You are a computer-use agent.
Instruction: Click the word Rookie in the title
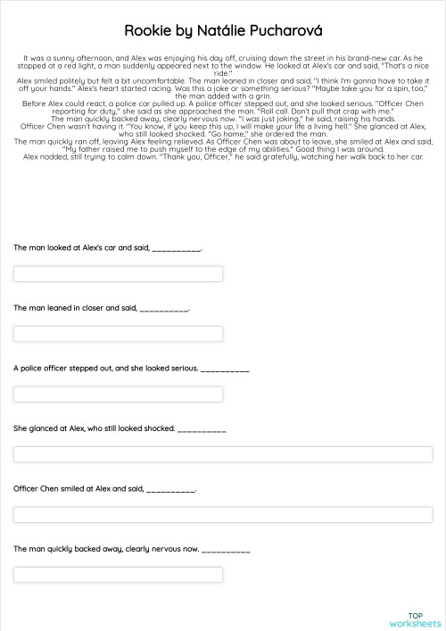click(145, 31)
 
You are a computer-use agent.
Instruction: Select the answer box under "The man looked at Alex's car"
click(118, 273)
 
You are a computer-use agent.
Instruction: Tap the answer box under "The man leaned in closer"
click(118, 334)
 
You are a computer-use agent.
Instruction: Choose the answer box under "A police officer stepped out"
click(118, 394)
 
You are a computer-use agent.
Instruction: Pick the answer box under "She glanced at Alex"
click(223, 454)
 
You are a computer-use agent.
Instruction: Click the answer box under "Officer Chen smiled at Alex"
click(223, 514)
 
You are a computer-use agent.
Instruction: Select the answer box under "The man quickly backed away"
click(223, 575)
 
